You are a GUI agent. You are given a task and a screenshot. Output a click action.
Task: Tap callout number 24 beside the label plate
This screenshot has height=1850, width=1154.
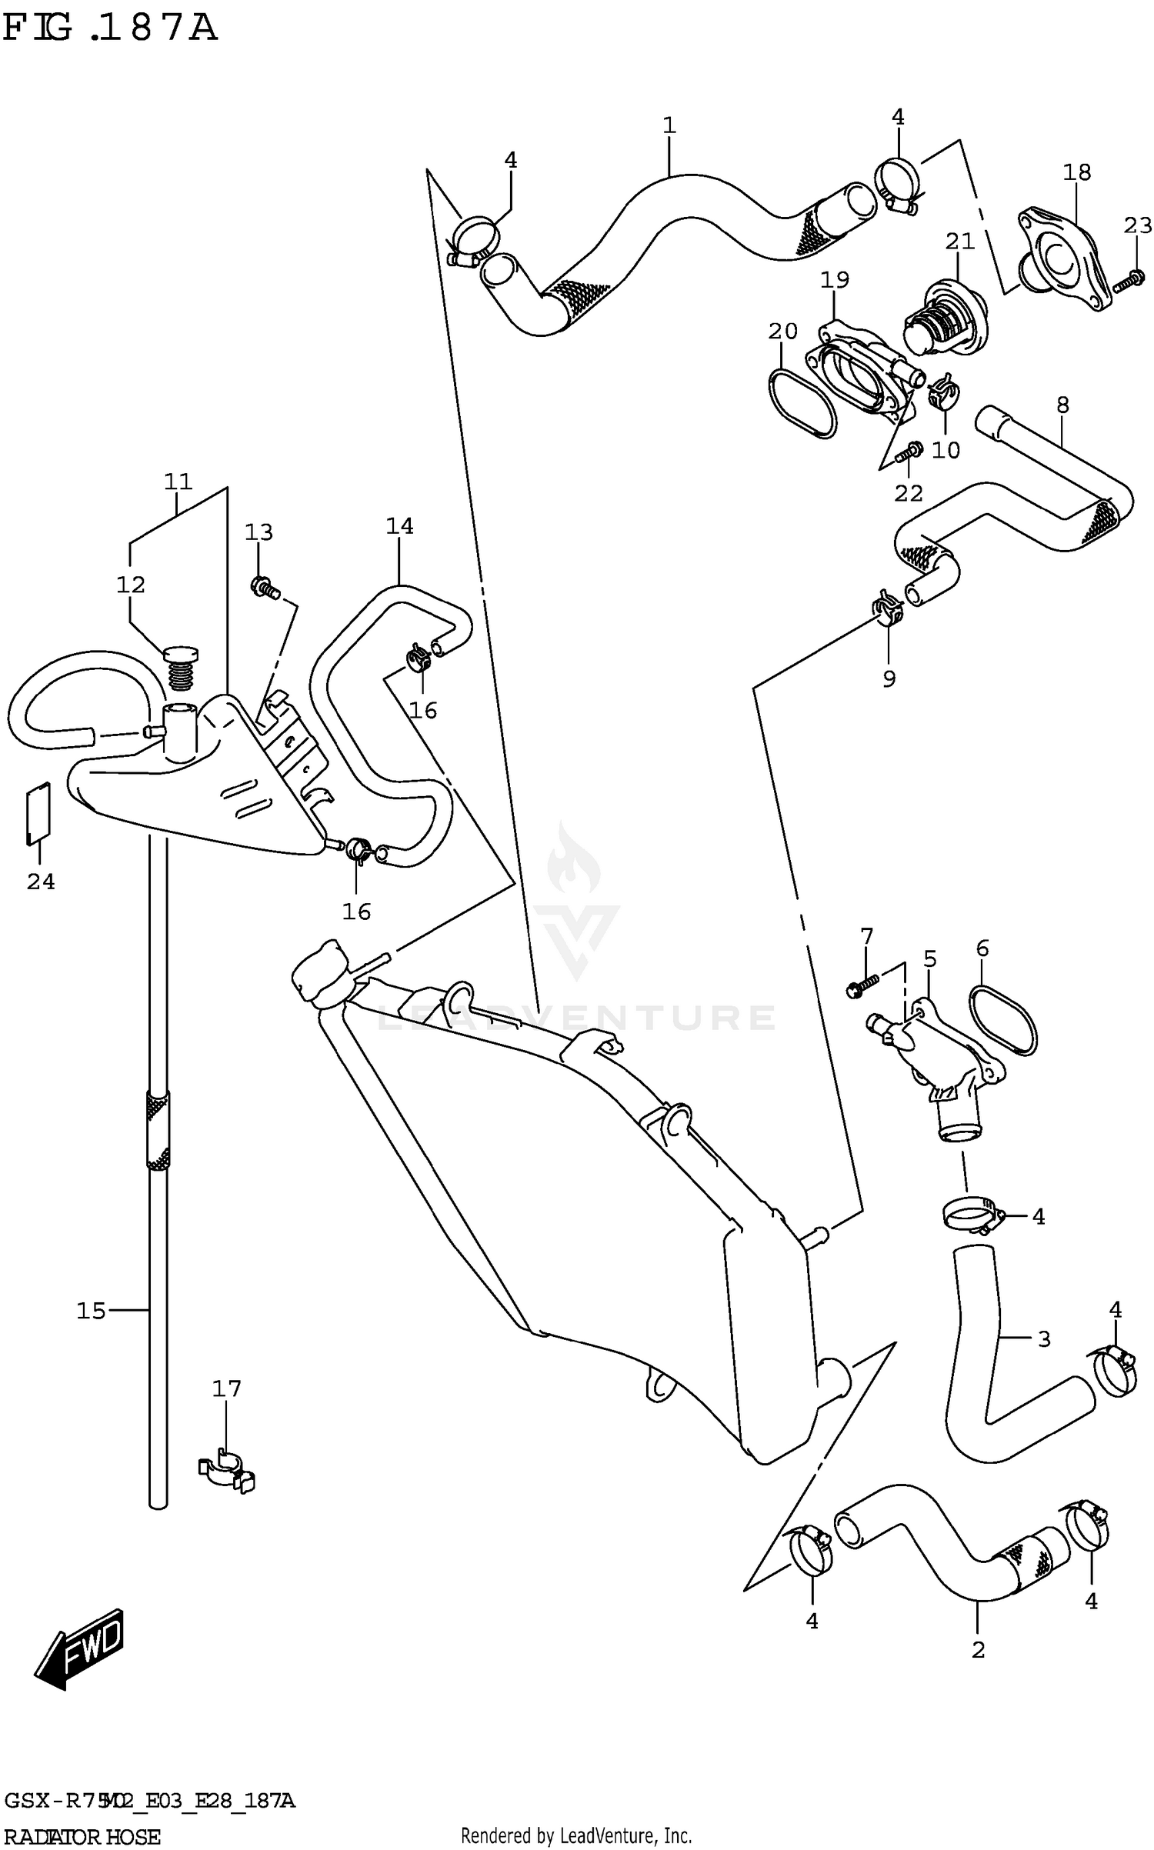[41, 882]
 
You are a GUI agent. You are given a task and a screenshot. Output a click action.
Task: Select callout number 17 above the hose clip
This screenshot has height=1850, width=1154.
[226, 1388]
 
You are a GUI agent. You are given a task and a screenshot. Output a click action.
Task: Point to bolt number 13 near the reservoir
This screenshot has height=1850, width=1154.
[264, 589]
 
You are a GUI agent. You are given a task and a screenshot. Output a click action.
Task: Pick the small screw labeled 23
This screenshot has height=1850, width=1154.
[1129, 281]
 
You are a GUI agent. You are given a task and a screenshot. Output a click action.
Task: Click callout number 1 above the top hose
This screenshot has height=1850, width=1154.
[669, 125]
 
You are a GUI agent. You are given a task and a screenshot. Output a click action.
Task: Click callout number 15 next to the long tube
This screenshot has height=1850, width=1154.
[90, 1310]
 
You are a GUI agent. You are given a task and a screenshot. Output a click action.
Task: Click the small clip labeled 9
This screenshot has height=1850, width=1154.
[887, 608]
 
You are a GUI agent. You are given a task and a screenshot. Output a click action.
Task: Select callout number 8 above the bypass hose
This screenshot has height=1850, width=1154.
[1062, 405]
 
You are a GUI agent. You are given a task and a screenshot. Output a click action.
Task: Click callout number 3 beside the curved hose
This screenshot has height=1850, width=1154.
[1044, 1339]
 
